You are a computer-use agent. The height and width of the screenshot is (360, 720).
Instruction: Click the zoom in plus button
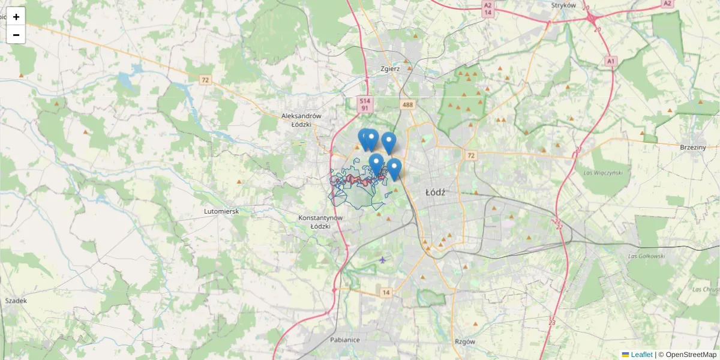pos(16,17)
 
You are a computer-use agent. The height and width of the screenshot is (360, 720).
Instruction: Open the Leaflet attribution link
pos(640,355)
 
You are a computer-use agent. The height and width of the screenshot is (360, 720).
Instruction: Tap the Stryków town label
pos(563,5)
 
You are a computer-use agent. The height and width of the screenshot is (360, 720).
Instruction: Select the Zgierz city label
pos(390,68)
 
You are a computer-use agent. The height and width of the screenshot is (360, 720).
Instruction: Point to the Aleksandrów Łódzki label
pos(302,120)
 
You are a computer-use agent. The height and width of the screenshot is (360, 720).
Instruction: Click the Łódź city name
pos(435,193)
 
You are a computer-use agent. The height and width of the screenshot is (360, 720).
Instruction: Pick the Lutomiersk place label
pos(221,212)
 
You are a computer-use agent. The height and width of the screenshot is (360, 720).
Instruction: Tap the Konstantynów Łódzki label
pos(320,221)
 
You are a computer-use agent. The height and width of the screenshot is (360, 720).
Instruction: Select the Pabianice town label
pos(344,340)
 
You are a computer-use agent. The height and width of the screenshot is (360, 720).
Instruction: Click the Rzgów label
pos(465,341)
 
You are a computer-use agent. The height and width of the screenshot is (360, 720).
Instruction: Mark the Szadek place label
pos(16,301)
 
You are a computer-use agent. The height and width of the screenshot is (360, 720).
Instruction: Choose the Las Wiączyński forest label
pos(603,172)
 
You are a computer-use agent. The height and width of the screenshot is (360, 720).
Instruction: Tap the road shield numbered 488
pos(408,105)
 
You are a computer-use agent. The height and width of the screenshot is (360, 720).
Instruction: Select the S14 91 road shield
pos(364,104)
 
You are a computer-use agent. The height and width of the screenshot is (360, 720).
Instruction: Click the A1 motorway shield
pos(611,61)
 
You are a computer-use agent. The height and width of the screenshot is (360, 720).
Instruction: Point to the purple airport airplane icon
pos(383,260)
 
